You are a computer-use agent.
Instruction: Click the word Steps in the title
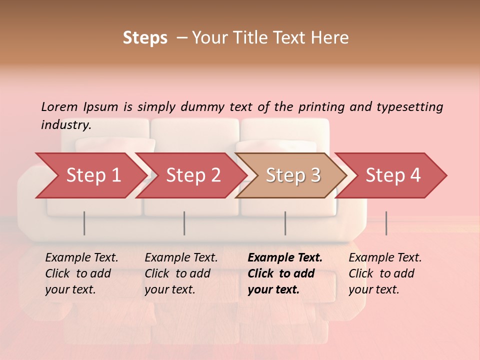tap(145, 38)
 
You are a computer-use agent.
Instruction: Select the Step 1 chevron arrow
tap(93, 175)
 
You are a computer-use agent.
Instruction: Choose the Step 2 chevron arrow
tap(193, 175)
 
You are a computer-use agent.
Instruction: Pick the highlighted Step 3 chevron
tap(293, 175)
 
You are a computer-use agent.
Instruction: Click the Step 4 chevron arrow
tap(393, 175)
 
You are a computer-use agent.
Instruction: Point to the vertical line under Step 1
tap(84, 223)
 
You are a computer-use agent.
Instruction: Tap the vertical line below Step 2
tap(184, 223)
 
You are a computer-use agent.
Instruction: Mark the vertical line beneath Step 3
tap(285, 223)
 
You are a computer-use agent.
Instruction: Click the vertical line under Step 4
tap(386, 223)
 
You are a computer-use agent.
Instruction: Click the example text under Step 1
tap(81, 273)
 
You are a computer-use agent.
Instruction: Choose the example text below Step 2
tap(181, 273)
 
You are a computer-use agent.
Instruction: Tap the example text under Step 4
tap(385, 273)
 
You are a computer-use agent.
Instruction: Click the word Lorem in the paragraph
tap(59, 106)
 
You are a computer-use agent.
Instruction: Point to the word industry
tap(65, 125)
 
